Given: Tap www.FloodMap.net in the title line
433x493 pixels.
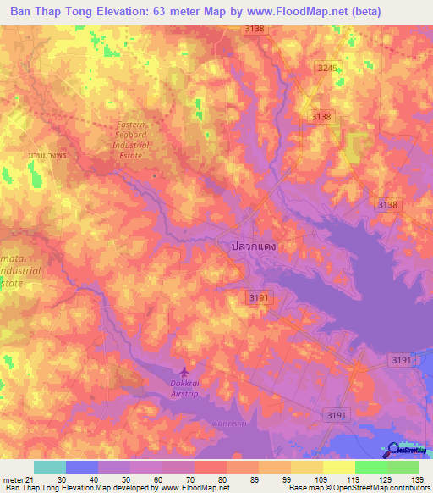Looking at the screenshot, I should coord(304,11).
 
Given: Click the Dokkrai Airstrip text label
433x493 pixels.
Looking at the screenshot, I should coord(185,388).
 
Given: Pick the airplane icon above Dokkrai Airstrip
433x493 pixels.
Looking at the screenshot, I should coord(185,372).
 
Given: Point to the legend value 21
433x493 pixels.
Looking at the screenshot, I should coord(30,479).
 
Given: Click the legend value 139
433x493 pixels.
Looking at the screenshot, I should coord(418,479).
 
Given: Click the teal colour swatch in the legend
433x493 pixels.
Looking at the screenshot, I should coord(49,467).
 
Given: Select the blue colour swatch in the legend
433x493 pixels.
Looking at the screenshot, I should coord(81,467).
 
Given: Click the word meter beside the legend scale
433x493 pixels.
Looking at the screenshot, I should coord(13,479).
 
